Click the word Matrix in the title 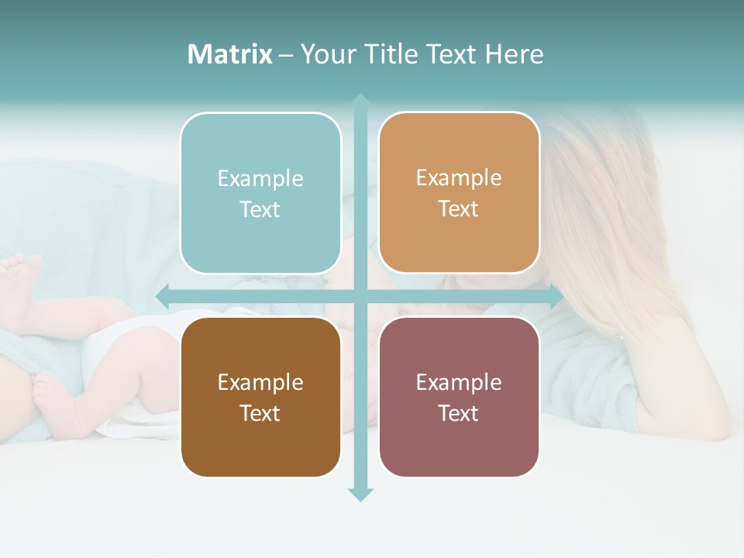230,54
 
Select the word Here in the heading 514,54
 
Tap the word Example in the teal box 260,178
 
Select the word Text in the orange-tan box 459,209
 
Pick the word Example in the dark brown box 260,382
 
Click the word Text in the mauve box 459,413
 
